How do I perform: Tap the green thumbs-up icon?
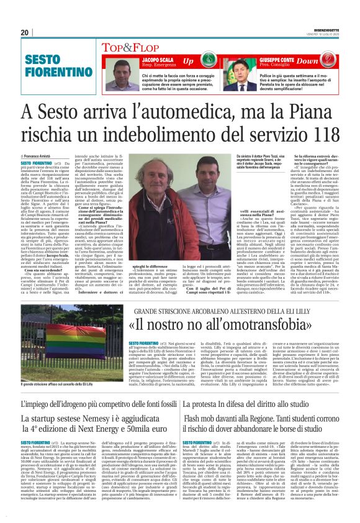point(207,61)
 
